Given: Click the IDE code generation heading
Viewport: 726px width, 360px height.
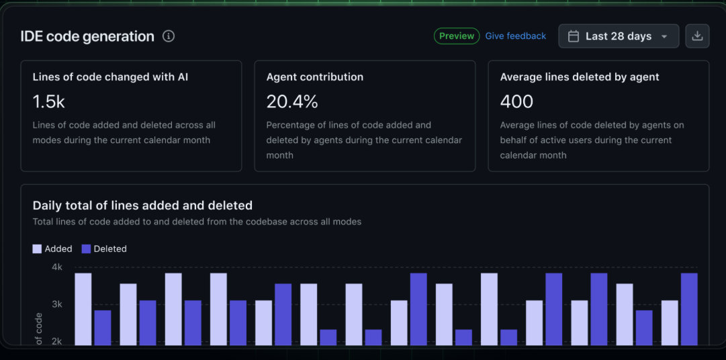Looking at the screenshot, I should click(x=87, y=36).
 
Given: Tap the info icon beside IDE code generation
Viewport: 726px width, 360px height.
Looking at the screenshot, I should click(x=169, y=36).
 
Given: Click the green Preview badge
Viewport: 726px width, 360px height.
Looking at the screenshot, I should click(x=457, y=36).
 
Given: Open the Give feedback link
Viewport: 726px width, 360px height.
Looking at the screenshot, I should click(x=516, y=36).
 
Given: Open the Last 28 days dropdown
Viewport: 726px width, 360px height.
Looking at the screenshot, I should click(x=618, y=36).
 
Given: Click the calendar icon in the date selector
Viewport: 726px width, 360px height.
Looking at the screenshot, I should click(x=574, y=36).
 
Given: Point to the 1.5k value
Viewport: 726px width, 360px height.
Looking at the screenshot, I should click(x=49, y=101).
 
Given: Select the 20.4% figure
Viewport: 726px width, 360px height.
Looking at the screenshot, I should click(x=292, y=101).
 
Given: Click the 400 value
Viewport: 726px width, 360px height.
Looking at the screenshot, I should click(x=516, y=101).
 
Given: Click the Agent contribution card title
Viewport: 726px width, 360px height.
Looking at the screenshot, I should click(x=315, y=77).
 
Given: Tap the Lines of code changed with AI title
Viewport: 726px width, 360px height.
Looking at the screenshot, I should click(x=110, y=77).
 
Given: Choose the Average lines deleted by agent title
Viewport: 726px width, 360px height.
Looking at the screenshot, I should click(x=580, y=77).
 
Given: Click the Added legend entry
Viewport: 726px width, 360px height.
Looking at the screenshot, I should click(x=52, y=249).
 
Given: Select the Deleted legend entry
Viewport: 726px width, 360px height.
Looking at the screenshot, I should click(x=104, y=249).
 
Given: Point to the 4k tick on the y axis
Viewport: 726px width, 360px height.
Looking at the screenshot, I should click(x=57, y=267).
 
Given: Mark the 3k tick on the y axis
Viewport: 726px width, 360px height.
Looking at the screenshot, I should click(x=57, y=304).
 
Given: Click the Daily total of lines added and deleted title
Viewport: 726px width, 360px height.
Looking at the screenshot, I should click(x=142, y=206).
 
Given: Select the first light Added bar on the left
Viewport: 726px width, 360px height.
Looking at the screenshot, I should click(x=83, y=309).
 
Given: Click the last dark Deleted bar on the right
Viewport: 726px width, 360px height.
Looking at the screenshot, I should click(x=689, y=309).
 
